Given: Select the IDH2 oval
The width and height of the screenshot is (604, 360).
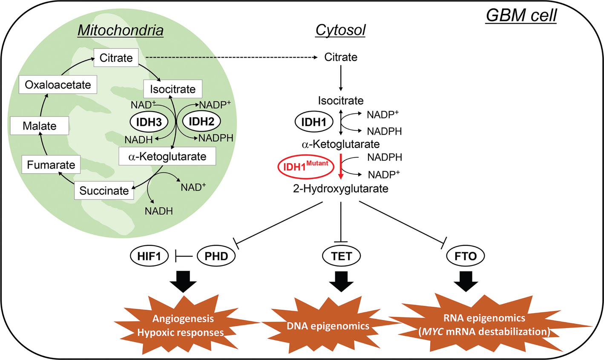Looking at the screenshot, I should pyautogui.click(x=201, y=122).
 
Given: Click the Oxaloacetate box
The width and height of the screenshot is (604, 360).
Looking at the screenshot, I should pyautogui.click(x=58, y=85).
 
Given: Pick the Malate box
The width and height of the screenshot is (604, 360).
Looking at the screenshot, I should pyautogui.click(x=39, y=126).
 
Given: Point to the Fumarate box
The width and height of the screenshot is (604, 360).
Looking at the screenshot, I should pyautogui.click(x=51, y=165).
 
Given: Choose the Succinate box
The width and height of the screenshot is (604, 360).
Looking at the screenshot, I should pyautogui.click(x=104, y=190).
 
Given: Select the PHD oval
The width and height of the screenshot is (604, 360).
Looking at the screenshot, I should pyautogui.click(x=216, y=256).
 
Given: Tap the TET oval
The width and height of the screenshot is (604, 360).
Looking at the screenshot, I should pyautogui.click(x=341, y=256).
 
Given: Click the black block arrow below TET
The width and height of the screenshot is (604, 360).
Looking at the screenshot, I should pyautogui.click(x=341, y=282).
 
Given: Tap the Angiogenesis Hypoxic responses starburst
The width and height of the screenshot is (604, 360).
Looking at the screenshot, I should pyautogui.click(x=184, y=325).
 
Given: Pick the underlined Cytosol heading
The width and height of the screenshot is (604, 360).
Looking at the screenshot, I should pyautogui.click(x=340, y=31).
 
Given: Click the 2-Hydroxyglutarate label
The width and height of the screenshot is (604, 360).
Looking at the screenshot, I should pyautogui.click(x=340, y=189).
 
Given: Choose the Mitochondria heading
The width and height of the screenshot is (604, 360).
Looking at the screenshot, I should pyautogui.click(x=120, y=31).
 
